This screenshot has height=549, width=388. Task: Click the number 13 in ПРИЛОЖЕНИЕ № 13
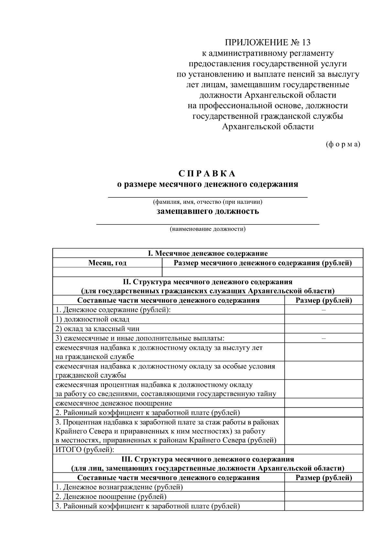pos(306,43)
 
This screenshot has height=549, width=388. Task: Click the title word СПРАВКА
pos(207,174)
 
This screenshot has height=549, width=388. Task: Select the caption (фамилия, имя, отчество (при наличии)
pos(207,202)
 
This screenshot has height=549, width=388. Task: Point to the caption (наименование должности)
pos(208,229)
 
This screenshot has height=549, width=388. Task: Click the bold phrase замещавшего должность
pos(208,212)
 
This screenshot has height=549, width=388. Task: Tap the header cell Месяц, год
pos(107,263)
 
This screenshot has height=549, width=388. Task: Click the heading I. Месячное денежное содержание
pos(208,253)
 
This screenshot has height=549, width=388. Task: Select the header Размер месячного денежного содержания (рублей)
pos(263,263)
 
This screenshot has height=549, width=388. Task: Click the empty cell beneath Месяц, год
pos(107,272)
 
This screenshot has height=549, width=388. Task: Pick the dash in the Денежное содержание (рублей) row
pos(324,310)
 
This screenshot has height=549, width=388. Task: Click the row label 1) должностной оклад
pos(92,319)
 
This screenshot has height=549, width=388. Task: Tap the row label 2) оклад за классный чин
pos(97,329)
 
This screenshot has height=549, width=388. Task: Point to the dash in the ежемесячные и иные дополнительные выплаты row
pos(324,338)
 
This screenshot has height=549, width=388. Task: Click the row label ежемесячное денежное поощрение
pos(113,403)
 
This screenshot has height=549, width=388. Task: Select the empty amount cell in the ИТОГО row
pos(324,450)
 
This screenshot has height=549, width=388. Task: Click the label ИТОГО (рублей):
pos(85,450)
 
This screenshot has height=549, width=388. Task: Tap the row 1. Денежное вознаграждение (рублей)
pos(119,487)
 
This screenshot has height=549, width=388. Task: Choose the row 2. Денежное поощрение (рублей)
pos(111,497)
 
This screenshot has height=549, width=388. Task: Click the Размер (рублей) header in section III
pos(324,478)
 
